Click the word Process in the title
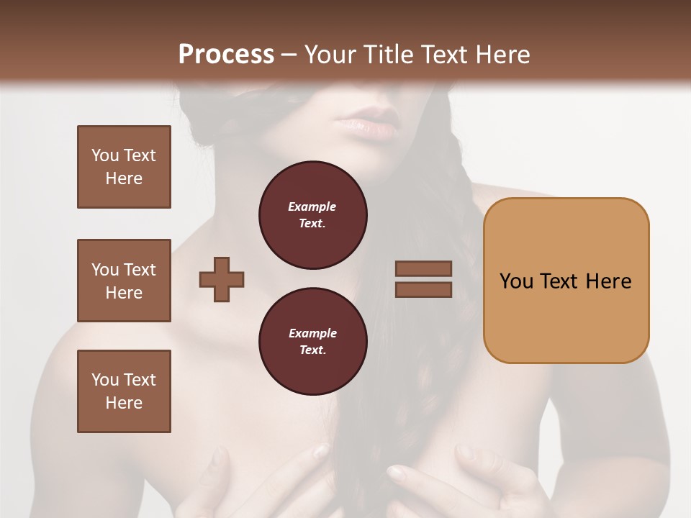coord(226,54)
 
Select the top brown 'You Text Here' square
coord(124,167)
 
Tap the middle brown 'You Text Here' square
coord(124,281)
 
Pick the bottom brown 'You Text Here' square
coord(124,391)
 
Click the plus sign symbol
coord(222,278)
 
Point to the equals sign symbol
coord(423,279)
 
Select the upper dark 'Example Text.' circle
coord(313,215)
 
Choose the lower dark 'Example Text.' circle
coord(313,342)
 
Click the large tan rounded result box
coord(566,281)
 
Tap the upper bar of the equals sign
coord(423,269)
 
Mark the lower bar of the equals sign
coord(423,289)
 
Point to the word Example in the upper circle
coord(312,206)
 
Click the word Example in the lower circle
coord(312,333)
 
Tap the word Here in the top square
coord(124,178)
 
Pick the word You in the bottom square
coord(105,380)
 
